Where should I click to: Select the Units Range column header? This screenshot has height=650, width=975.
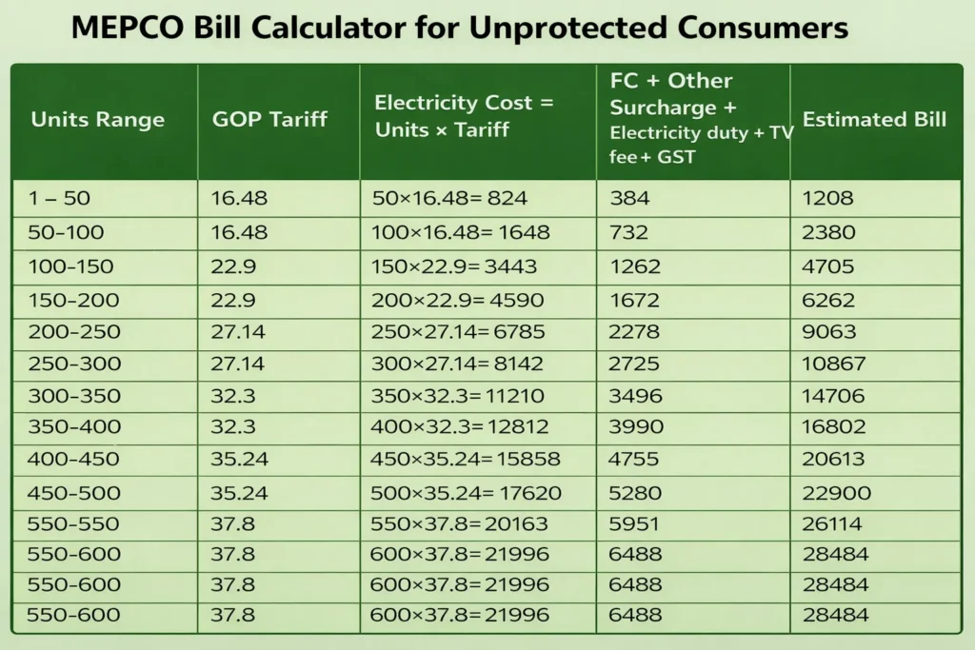tap(97, 120)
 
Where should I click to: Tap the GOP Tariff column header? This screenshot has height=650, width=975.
tap(269, 120)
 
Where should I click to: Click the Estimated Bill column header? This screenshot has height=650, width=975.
tap(874, 120)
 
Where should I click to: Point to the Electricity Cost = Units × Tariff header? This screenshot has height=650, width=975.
tap(464, 116)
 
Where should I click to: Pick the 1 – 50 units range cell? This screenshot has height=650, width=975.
tap(62, 199)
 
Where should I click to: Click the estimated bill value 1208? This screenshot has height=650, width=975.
tap(828, 199)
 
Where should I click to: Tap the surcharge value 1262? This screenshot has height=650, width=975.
tap(635, 266)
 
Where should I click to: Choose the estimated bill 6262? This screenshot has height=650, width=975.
tap(829, 301)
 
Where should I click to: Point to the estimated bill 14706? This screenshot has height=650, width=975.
tap(834, 395)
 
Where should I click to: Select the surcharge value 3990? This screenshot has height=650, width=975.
tap(636, 427)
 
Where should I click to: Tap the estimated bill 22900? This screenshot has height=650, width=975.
tap(835, 493)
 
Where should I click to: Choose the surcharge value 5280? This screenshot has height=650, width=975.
tap(636, 493)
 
